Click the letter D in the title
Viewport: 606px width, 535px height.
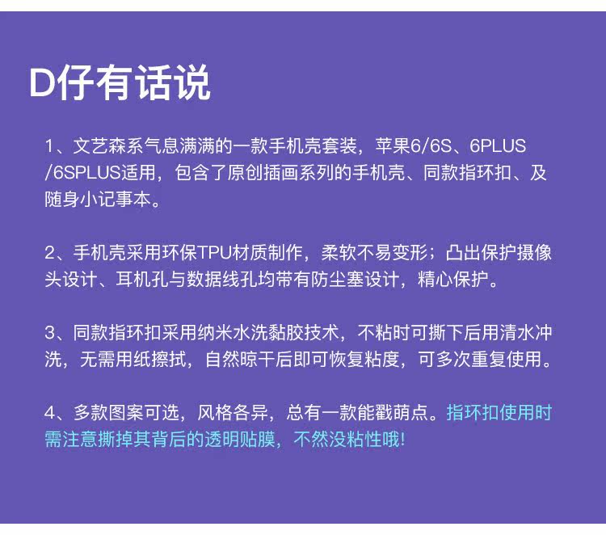(x=42, y=83)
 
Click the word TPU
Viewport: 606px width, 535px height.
(x=214, y=251)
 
